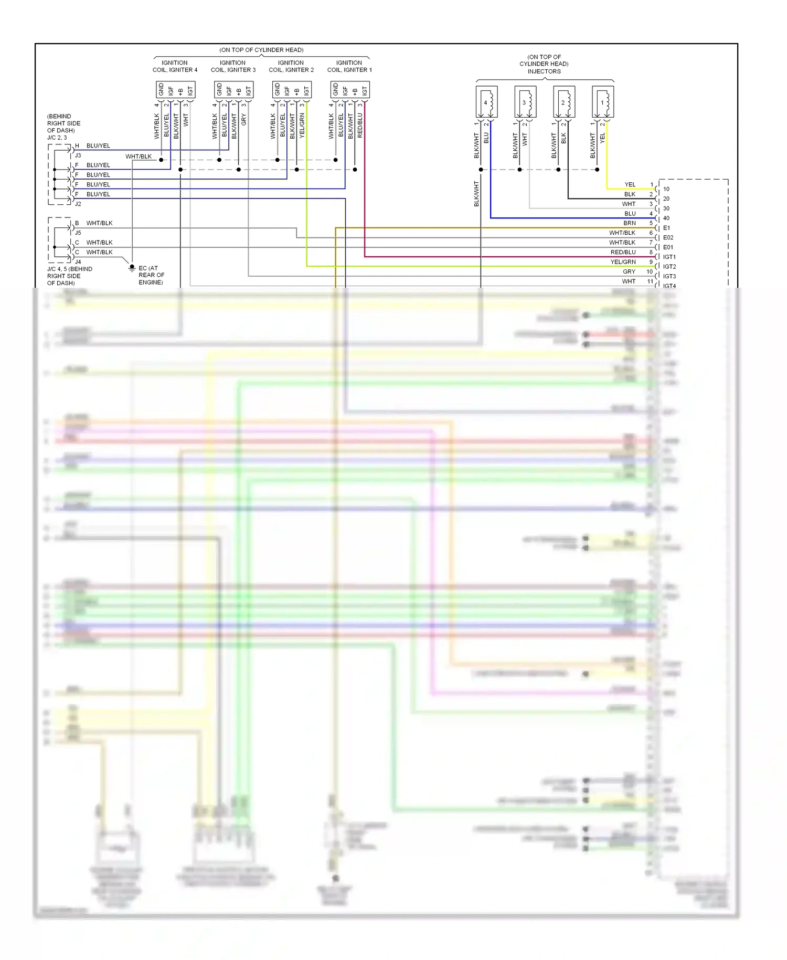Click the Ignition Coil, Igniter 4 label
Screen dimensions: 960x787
[175, 66]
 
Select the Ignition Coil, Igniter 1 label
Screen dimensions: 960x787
[349, 66]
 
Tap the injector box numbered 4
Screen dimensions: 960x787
[486, 102]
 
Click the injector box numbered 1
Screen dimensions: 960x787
[603, 102]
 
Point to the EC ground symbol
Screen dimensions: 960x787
[132, 268]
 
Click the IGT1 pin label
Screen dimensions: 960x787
[669, 257]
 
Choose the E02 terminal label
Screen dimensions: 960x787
[668, 237]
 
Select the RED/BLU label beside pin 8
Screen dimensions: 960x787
[623, 252]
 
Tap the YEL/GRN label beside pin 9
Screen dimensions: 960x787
[623, 262]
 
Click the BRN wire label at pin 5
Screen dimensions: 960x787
[629, 223]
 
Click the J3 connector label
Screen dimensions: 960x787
[78, 155]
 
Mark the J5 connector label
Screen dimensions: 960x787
[78, 233]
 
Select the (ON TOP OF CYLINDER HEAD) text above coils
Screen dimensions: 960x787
[261, 50]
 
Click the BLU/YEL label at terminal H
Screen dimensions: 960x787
[98, 145]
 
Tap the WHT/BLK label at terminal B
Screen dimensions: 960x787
[99, 223]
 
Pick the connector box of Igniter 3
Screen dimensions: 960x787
[233, 90]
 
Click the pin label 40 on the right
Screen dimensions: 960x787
[666, 218]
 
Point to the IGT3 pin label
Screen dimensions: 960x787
[669, 276]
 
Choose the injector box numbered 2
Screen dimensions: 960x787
[564, 102]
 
